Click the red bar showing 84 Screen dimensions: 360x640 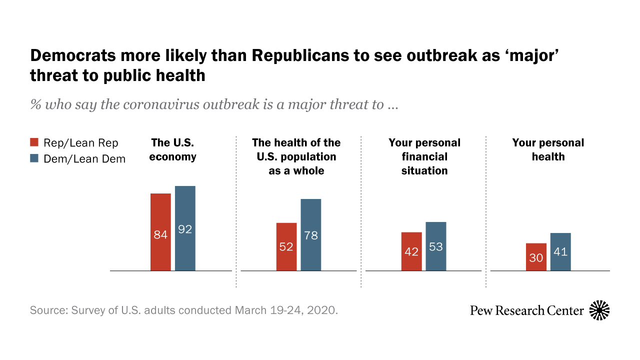(x=160, y=232)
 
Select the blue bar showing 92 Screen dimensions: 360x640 (x=185, y=228)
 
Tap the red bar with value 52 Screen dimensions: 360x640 (x=286, y=246)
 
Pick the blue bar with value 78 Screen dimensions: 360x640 (x=310, y=234)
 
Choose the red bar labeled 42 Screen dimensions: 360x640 (x=411, y=251)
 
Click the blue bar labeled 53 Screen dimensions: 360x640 (x=436, y=246)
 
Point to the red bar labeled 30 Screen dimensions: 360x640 (x=536, y=257)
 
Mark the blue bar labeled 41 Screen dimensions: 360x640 (x=560, y=251)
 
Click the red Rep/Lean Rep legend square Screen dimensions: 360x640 (x=34, y=143)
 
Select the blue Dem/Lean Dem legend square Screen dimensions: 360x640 (x=34, y=158)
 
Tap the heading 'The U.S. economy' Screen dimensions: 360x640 (x=172, y=149)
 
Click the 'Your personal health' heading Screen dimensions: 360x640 (x=548, y=149)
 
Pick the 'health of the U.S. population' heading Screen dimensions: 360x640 (x=296, y=156)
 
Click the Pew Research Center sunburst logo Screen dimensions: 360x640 (x=599, y=310)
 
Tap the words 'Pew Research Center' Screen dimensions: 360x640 (x=527, y=310)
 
